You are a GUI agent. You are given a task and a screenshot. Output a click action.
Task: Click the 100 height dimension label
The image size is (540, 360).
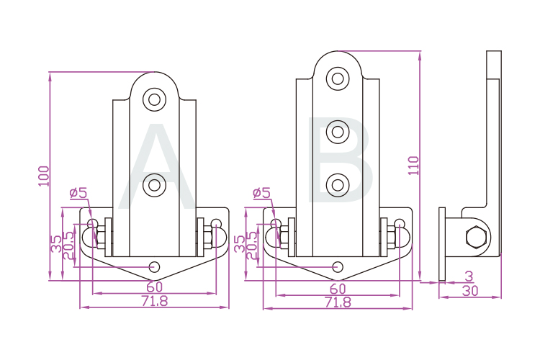44,176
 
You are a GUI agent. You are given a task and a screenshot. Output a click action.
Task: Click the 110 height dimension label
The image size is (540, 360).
413,166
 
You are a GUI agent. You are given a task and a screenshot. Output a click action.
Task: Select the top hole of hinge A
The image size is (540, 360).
153,99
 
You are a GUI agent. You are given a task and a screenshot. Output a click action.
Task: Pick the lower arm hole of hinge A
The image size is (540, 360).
153,186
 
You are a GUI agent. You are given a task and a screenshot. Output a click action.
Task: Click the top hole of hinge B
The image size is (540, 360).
337,78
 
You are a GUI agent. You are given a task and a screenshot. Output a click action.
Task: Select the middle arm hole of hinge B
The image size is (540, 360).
337,131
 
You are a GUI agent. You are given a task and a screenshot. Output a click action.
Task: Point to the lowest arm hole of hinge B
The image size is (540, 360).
337,185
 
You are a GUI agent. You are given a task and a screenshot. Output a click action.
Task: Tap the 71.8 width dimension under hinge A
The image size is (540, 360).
154,302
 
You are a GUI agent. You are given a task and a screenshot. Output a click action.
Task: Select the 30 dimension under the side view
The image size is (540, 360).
470,291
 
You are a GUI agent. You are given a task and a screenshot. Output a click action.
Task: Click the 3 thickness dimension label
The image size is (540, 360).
469,276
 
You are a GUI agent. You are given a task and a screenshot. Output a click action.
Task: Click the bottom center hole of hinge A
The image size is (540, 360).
154,267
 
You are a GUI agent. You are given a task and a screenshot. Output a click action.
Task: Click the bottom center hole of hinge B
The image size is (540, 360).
338,267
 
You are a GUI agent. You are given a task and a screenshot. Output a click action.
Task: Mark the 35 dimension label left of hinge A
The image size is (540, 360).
56,243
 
